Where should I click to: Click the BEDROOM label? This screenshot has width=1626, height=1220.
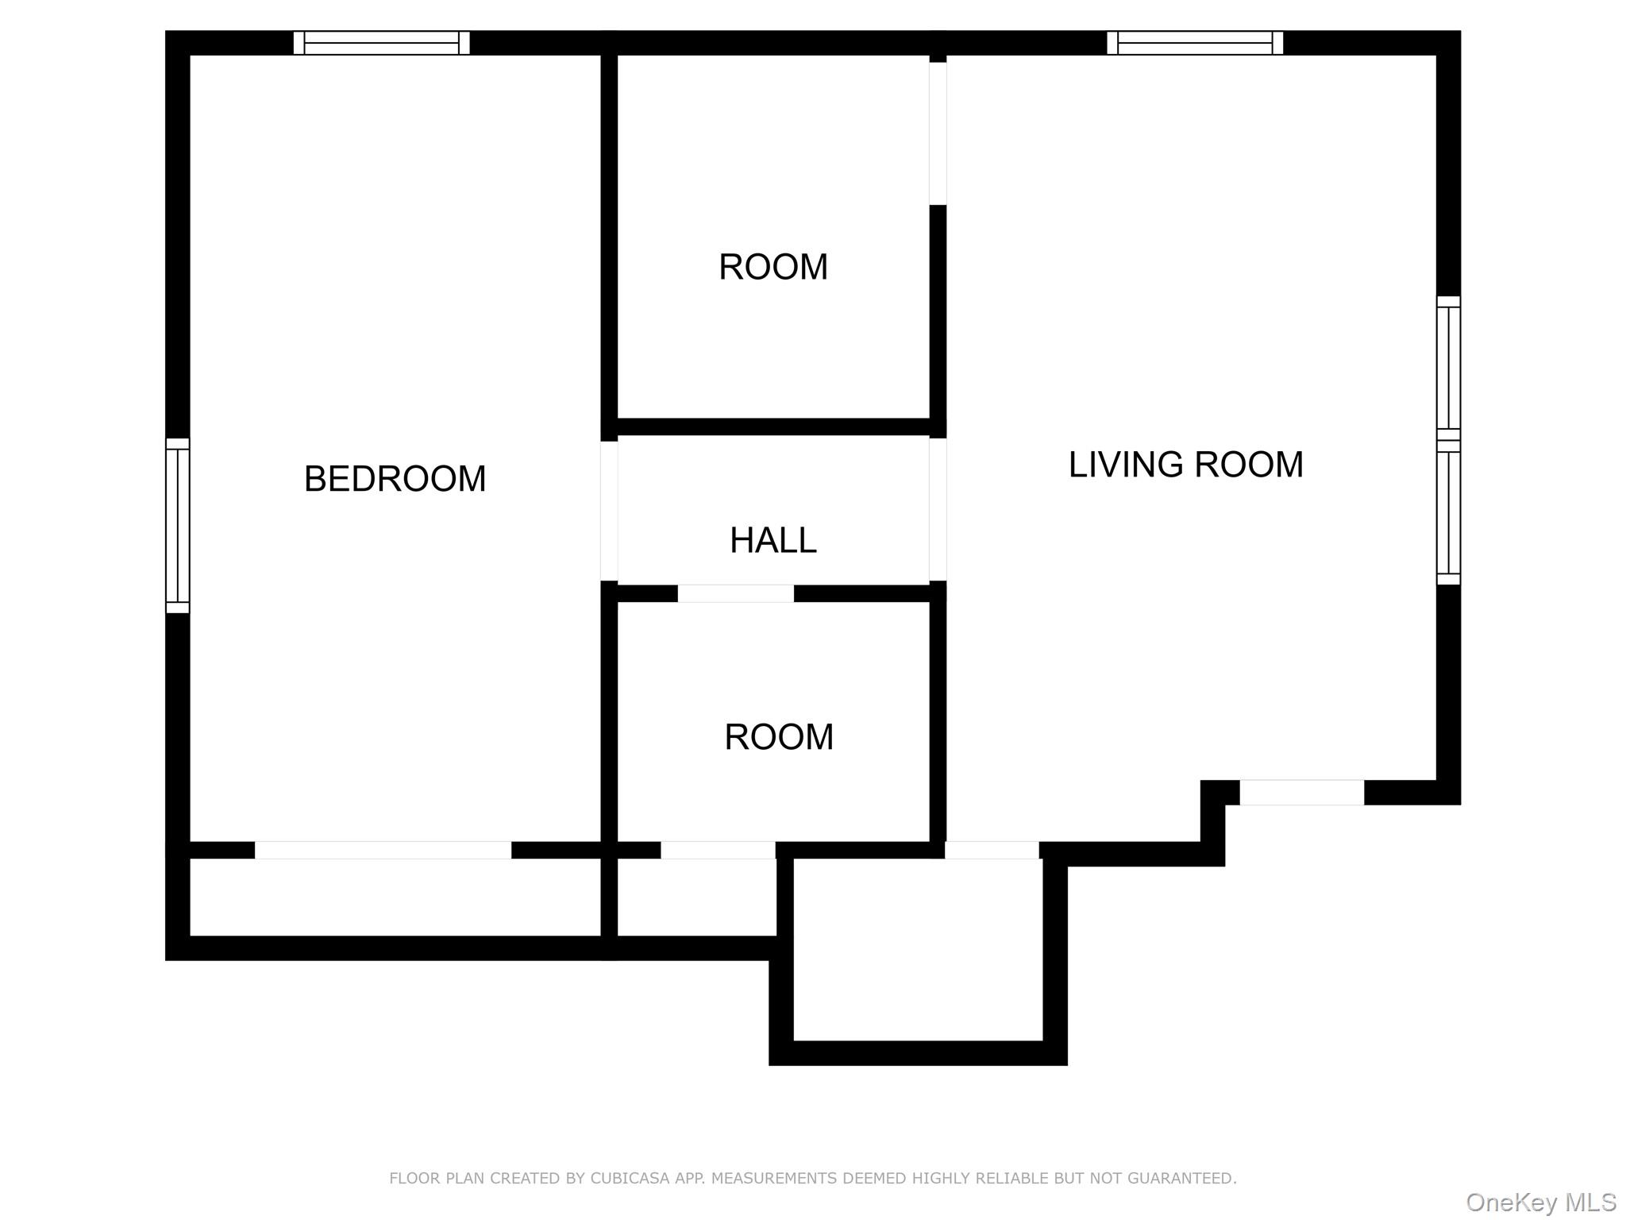395,479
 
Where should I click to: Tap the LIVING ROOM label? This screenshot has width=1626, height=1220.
1185,465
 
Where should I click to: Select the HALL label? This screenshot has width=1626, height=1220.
773,541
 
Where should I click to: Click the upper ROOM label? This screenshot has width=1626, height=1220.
773,267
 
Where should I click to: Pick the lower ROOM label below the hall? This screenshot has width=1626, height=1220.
779,737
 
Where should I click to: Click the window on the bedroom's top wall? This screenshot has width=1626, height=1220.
381,43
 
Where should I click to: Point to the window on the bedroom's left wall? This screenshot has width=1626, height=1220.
178,526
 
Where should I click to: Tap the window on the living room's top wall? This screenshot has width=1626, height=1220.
1195,43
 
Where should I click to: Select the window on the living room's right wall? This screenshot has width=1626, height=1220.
1449,441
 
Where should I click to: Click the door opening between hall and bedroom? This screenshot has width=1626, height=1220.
609,511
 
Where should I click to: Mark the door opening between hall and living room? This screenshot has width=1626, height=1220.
938,509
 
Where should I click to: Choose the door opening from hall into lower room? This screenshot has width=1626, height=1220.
735,593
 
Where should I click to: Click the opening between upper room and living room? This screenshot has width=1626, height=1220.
938,133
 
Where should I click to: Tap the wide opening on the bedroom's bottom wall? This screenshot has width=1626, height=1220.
383,850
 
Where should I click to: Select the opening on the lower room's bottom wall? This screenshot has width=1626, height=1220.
718,850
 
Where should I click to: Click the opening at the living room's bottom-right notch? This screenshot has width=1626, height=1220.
1302,793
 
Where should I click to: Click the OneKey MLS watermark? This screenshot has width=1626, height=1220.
1541,1203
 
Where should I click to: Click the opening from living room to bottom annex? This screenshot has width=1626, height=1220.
992,850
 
